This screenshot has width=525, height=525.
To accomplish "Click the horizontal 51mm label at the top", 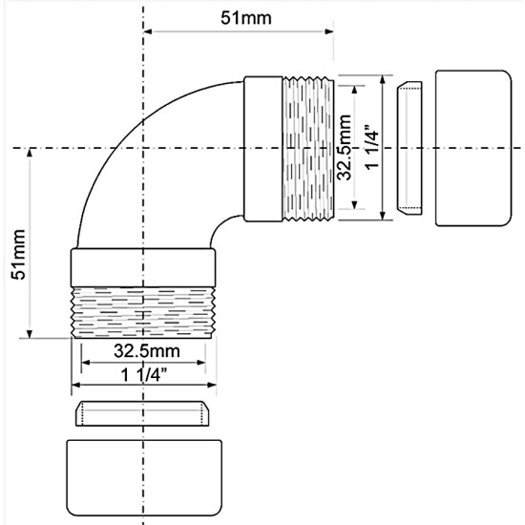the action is (x=245, y=18).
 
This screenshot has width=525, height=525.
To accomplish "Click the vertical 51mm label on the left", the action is (x=18, y=255).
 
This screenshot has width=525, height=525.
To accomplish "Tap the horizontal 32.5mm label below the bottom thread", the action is (x=147, y=351).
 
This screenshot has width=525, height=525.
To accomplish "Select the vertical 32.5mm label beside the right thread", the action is (x=345, y=147).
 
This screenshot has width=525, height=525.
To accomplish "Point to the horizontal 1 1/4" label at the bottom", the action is (x=143, y=374).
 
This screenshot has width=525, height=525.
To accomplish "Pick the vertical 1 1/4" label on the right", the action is (x=371, y=148).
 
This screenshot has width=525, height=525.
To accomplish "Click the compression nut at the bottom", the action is (x=144, y=478).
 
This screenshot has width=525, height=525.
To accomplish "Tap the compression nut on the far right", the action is (x=473, y=148).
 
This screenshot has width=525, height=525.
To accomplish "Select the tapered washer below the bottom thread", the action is (x=142, y=413).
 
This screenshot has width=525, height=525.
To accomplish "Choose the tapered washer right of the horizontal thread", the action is (x=409, y=148).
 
